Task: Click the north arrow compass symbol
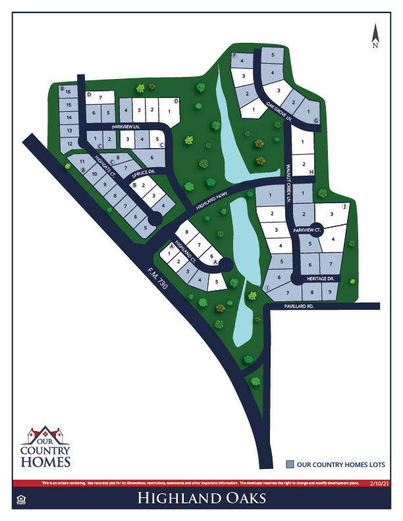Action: pos(375,36)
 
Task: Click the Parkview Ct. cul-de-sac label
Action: pos(308,231)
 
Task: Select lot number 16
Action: pos(68,91)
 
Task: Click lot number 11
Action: pos(82,161)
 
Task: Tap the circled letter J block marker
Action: pos(344,207)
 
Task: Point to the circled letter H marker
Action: pos(311,172)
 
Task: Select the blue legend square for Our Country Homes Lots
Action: pos(290,464)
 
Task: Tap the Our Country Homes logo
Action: pos(45,447)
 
